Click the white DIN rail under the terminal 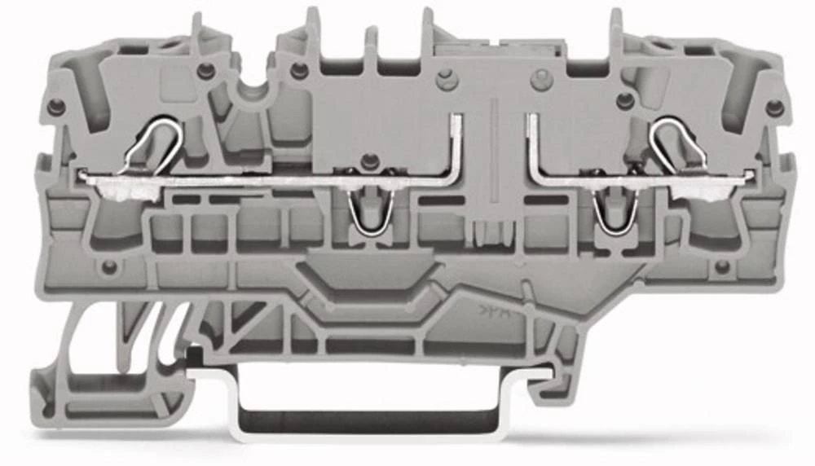tap(367, 420)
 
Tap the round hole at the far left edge tap(56, 107)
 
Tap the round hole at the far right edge tap(774, 107)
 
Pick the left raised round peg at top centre tap(444, 80)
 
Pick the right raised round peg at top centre tap(540, 80)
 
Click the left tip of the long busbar tap(81, 174)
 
